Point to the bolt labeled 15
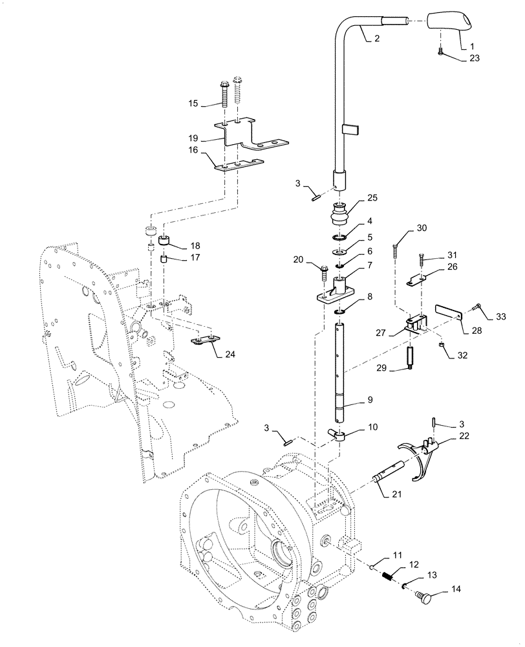tap(224, 94)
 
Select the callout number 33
tap(502, 316)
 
